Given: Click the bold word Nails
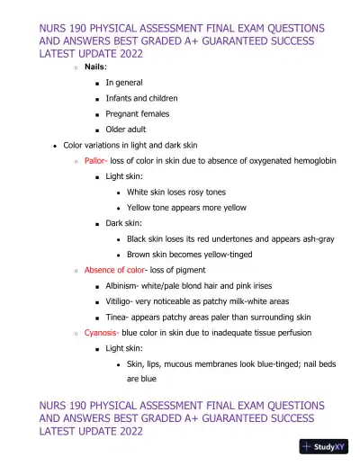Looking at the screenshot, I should [x=96, y=67].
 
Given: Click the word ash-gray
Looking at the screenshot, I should [x=314, y=238].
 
